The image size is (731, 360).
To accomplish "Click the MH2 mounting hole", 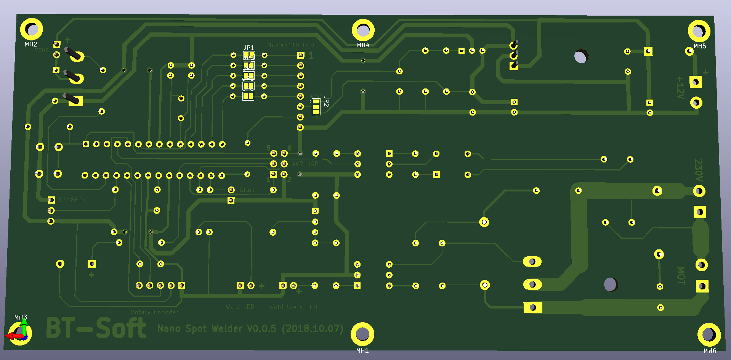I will [31, 29].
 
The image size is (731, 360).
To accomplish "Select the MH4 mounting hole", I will [363, 30].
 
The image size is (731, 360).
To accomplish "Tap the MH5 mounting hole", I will [699, 31].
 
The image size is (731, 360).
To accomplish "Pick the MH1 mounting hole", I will [362, 334].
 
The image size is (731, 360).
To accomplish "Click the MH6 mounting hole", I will [709, 334].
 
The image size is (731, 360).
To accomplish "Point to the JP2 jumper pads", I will [316, 107].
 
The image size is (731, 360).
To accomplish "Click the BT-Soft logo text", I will [96, 328].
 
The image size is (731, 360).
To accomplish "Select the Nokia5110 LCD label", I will [290, 45].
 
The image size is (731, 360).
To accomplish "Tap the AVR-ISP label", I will [305, 164].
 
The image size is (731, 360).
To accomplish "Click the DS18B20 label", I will [72, 200].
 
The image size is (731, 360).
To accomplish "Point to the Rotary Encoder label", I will [154, 312].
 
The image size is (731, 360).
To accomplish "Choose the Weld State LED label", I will [293, 307].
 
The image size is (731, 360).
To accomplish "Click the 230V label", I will [698, 170].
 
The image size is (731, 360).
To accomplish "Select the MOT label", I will [681, 275].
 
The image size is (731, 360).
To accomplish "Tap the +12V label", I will [680, 87].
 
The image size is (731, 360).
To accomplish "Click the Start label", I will [247, 190].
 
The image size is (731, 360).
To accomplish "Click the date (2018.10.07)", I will [313, 328].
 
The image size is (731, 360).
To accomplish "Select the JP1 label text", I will [248, 48].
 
